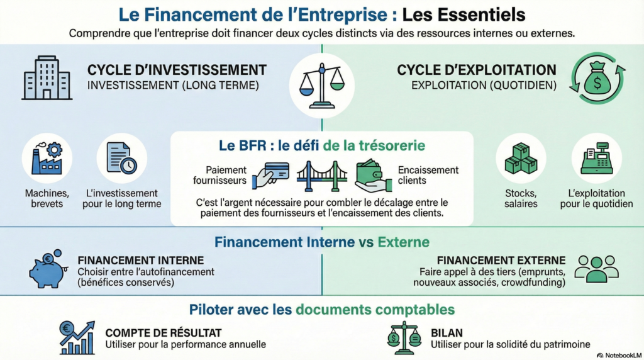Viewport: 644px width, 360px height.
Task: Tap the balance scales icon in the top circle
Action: click(321, 86)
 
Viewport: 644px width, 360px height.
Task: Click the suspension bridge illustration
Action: click(322, 176)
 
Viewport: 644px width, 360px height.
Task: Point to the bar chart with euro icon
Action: click(77, 337)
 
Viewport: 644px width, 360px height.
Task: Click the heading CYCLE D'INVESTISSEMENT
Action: click(177, 70)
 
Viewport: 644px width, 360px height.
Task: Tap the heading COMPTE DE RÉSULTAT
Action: click(164, 332)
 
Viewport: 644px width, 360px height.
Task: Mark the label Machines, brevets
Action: click(47, 198)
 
